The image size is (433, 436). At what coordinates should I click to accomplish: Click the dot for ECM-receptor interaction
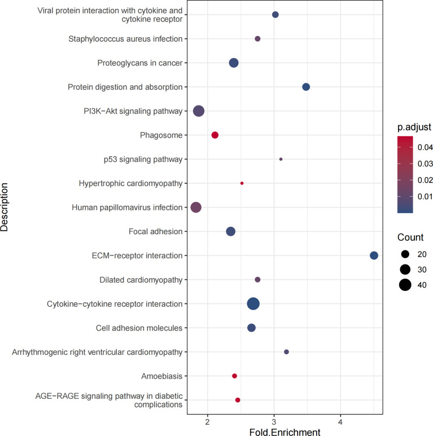pyautogui.click(x=374, y=256)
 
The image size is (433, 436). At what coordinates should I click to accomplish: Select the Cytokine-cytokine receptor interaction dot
pyautogui.click(x=253, y=303)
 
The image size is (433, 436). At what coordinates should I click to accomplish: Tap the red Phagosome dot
pyautogui.click(x=215, y=135)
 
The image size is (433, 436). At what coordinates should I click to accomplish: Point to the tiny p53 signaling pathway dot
pyautogui.click(x=281, y=159)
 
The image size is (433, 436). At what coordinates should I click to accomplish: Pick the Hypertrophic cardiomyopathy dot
pyautogui.click(x=242, y=183)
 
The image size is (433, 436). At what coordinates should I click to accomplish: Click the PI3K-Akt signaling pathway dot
pyautogui.click(x=199, y=111)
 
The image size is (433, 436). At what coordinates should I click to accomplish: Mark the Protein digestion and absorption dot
pyautogui.click(x=306, y=87)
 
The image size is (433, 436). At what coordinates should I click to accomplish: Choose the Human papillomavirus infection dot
pyautogui.click(x=196, y=208)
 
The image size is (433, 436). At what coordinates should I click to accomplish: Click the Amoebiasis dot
pyautogui.click(x=234, y=376)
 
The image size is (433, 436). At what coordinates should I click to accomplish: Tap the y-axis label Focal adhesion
pyautogui.click(x=159, y=231)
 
